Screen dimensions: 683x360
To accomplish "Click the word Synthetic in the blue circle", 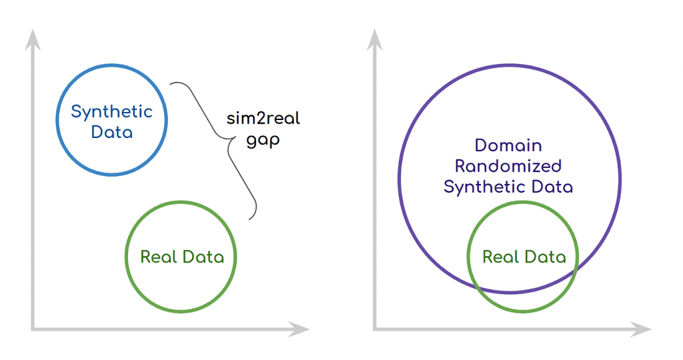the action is [111, 112].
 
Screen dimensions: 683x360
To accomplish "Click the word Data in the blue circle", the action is [112, 133].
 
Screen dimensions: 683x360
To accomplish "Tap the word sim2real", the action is [263, 119].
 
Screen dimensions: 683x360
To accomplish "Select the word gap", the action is [263, 141].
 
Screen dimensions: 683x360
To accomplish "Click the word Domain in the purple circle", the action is [508, 145].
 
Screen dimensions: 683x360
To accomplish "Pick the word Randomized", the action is [508, 166].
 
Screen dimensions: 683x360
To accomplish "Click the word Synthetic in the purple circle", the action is [484, 187].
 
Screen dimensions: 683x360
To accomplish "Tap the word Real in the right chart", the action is [501, 257].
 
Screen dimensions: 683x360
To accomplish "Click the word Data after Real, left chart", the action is [203, 257].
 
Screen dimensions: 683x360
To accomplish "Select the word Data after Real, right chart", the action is [546, 257].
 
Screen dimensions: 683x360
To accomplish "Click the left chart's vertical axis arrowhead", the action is [33, 39].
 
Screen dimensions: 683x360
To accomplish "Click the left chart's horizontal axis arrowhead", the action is [299, 329].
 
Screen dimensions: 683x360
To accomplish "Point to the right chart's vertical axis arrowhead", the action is [375, 39].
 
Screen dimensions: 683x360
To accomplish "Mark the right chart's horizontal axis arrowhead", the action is [641, 329].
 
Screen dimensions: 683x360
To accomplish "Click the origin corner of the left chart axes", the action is [33, 329].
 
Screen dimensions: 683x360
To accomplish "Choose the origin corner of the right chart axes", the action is [375, 329].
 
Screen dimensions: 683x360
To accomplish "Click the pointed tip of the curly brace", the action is [235, 137].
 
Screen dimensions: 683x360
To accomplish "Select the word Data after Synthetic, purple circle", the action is [551, 187].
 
